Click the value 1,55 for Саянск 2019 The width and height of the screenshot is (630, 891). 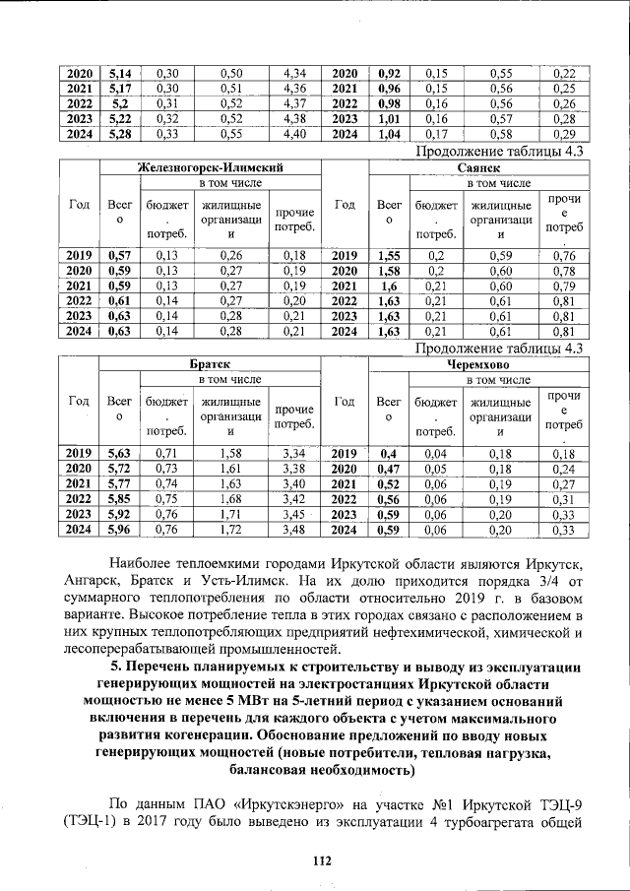click(x=389, y=257)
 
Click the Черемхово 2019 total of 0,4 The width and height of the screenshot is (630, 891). click(x=389, y=453)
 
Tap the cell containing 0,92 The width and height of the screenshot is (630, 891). click(x=389, y=73)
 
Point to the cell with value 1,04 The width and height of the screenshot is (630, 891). click(x=389, y=134)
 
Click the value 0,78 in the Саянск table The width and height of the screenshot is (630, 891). click(x=563, y=272)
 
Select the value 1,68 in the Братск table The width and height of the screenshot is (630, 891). click(x=230, y=499)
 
